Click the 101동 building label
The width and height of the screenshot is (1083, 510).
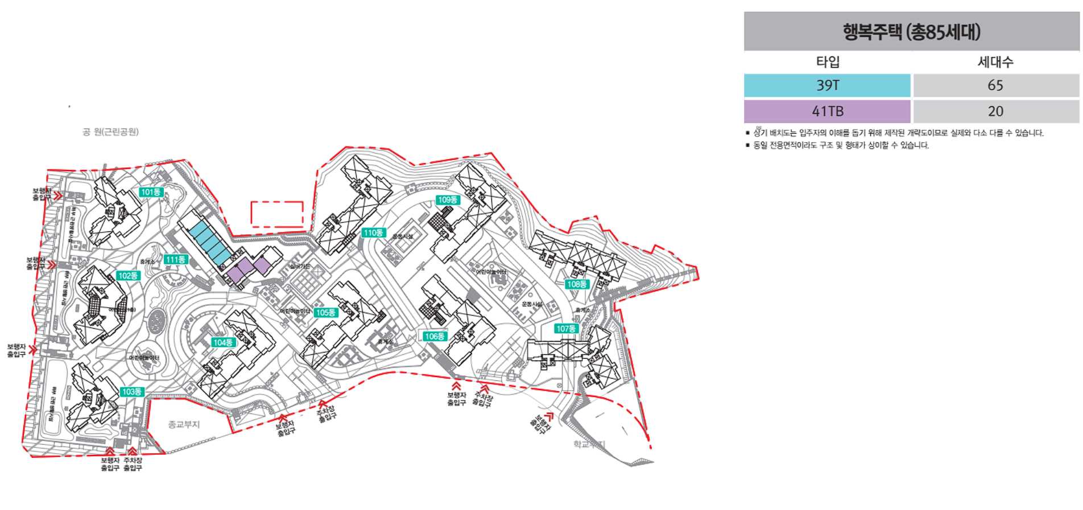(151, 192)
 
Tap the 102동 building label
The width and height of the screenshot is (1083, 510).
(128, 276)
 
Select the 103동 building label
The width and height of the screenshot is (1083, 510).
(132, 392)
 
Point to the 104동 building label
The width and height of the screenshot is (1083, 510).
(223, 342)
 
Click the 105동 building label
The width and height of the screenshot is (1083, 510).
(326, 312)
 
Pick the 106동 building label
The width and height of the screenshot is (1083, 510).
(435, 336)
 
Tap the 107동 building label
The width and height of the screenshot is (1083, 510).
(566, 329)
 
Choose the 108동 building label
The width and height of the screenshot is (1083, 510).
(577, 284)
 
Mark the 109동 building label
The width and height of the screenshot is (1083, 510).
(448, 200)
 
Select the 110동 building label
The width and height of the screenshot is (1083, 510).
(373, 233)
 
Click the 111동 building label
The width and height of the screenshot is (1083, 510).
(175, 259)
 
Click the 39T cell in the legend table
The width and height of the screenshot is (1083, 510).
(827, 85)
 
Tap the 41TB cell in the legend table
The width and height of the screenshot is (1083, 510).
(827, 111)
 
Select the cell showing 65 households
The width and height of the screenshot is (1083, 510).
(995, 85)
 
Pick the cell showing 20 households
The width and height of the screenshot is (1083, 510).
(995, 111)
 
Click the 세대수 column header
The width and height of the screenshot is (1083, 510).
(995, 62)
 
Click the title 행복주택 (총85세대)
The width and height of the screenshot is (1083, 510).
(911, 32)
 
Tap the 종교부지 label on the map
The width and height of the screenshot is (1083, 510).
(184, 425)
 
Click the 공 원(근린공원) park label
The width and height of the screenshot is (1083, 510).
(110, 132)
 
